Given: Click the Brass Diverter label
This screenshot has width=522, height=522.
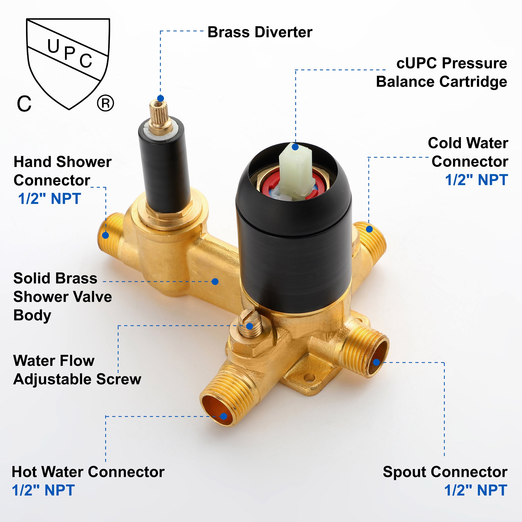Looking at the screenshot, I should coord(260,32).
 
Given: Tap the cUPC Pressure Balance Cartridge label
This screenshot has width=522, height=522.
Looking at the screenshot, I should coord(442,72).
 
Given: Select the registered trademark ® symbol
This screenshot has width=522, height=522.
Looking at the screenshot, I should coord(105,103).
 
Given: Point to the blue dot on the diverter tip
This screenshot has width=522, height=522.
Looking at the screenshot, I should coord(161,98).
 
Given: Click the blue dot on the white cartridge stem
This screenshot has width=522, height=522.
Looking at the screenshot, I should coord(295,147).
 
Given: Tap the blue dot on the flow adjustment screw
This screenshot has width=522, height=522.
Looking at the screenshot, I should coord(250,326).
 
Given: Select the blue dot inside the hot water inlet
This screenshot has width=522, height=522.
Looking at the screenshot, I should coord(223,416).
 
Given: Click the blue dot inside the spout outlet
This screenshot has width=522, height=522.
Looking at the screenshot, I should coord(376,362).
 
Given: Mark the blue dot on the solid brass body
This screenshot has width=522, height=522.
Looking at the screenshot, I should coord(215,282).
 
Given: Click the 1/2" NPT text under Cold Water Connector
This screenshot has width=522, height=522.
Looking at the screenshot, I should coord(477,180).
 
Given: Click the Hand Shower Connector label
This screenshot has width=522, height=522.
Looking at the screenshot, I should coord(62,171).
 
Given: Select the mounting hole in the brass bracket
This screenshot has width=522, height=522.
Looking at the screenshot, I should coord(310,377).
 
